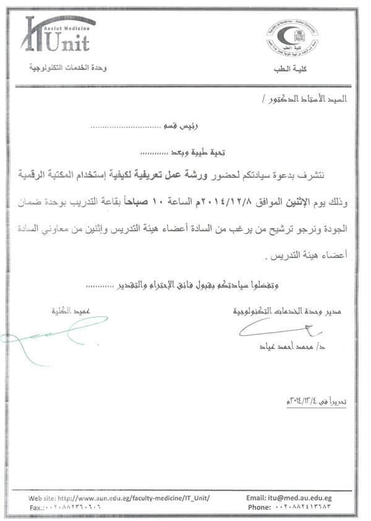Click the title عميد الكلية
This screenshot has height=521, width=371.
coord(69,312)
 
